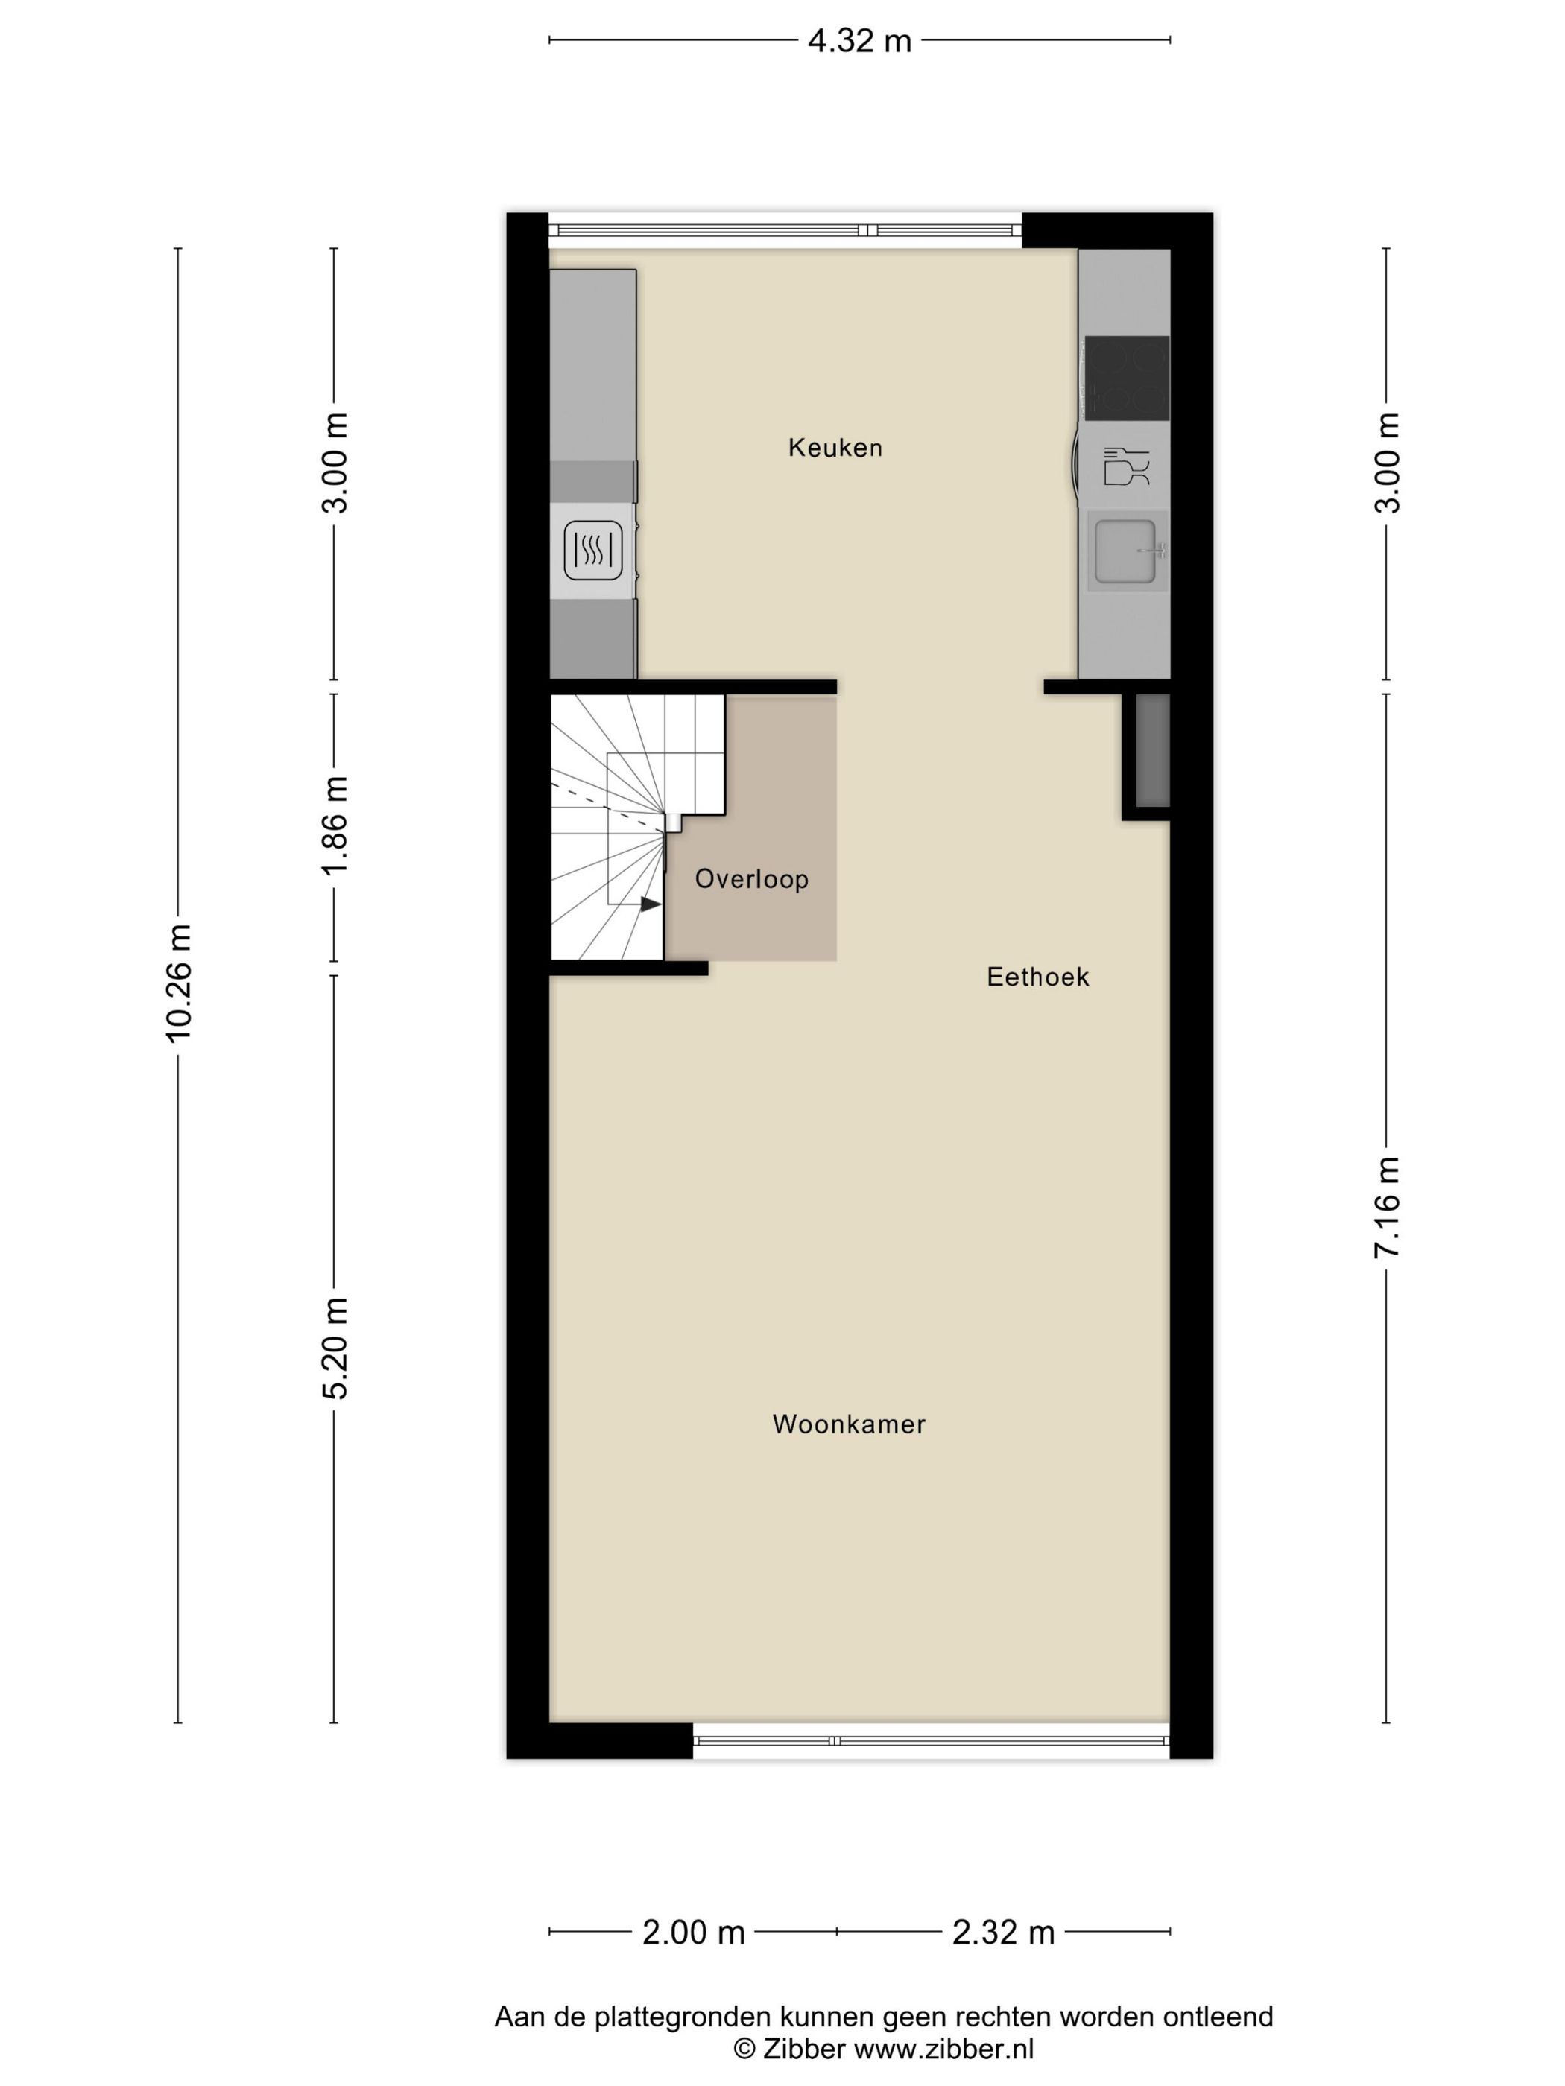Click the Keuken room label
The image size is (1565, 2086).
(x=835, y=447)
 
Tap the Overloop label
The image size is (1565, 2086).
(x=751, y=879)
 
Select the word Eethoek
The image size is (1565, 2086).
(x=1037, y=976)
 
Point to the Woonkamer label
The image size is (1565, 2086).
(x=848, y=1424)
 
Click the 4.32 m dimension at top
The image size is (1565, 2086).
(x=859, y=40)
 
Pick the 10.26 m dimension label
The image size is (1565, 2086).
(x=178, y=983)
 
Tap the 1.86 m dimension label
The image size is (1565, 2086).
(x=335, y=826)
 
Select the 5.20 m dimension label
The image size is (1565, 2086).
(x=335, y=1348)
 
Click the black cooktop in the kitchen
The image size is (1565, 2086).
(x=1126, y=377)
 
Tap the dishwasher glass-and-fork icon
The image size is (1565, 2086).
(x=1125, y=466)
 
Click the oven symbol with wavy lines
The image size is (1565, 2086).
(x=592, y=551)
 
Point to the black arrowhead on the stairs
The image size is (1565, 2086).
(x=650, y=904)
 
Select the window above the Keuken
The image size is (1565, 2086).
(x=785, y=230)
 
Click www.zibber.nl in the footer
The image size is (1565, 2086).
(x=943, y=2048)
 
